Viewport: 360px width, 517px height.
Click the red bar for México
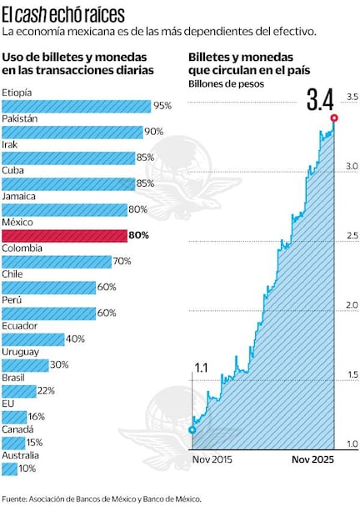point(63,236)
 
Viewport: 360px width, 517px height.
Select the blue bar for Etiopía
point(76,106)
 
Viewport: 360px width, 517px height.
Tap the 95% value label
point(162,106)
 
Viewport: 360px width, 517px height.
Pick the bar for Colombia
point(56,262)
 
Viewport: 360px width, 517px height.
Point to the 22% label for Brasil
point(46,391)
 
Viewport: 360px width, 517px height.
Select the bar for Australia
point(9,469)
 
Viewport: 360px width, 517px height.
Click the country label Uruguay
point(20,352)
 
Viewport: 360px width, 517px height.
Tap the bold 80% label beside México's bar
point(138,236)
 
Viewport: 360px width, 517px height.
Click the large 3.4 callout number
point(320,100)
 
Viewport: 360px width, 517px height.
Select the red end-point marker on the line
point(335,118)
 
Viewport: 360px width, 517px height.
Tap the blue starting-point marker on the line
point(192,430)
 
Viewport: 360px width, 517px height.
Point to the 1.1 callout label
point(201,368)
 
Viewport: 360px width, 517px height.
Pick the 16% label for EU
point(36,417)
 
